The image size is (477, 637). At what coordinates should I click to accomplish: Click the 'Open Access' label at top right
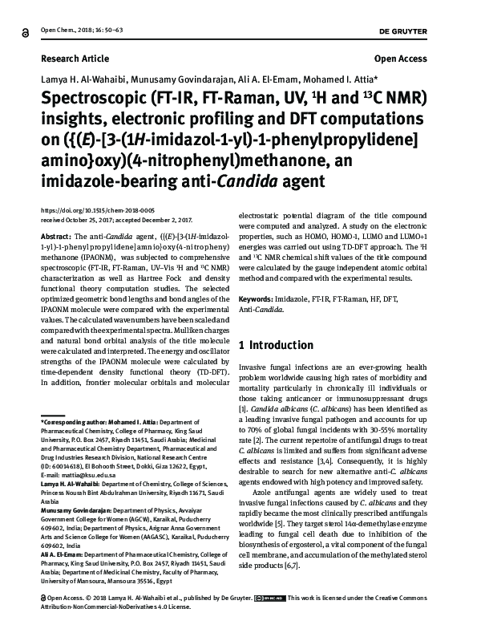coord(403,60)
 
